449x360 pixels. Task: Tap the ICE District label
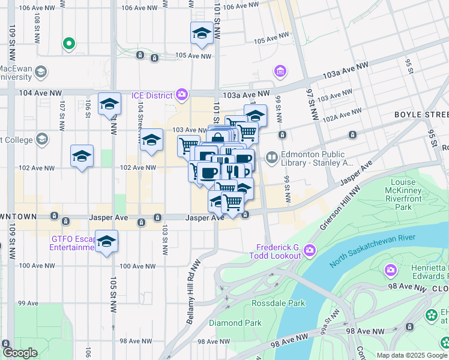coord(153,95)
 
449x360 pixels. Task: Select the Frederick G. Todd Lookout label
coord(278,251)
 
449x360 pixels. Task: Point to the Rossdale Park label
coord(272,303)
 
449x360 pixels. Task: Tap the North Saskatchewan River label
coord(372,253)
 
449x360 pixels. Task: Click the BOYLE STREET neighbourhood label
coord(421,114)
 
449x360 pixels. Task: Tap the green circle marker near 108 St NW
coord(68,43)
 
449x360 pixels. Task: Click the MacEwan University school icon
coord(41,72)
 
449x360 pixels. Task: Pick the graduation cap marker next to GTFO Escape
coord(107,242)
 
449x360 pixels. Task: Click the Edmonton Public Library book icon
coord(272,158)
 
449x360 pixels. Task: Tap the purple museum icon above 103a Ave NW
coord(280,72)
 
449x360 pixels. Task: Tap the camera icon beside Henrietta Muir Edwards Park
coord(391,271)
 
